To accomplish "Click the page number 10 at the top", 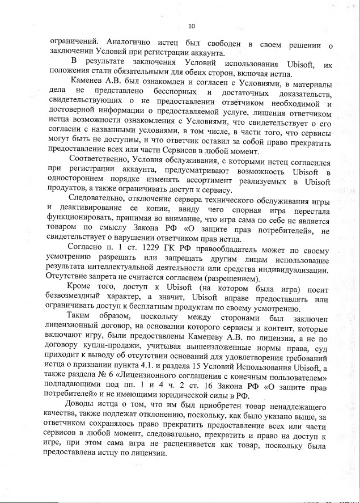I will (x=191, y=26).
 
